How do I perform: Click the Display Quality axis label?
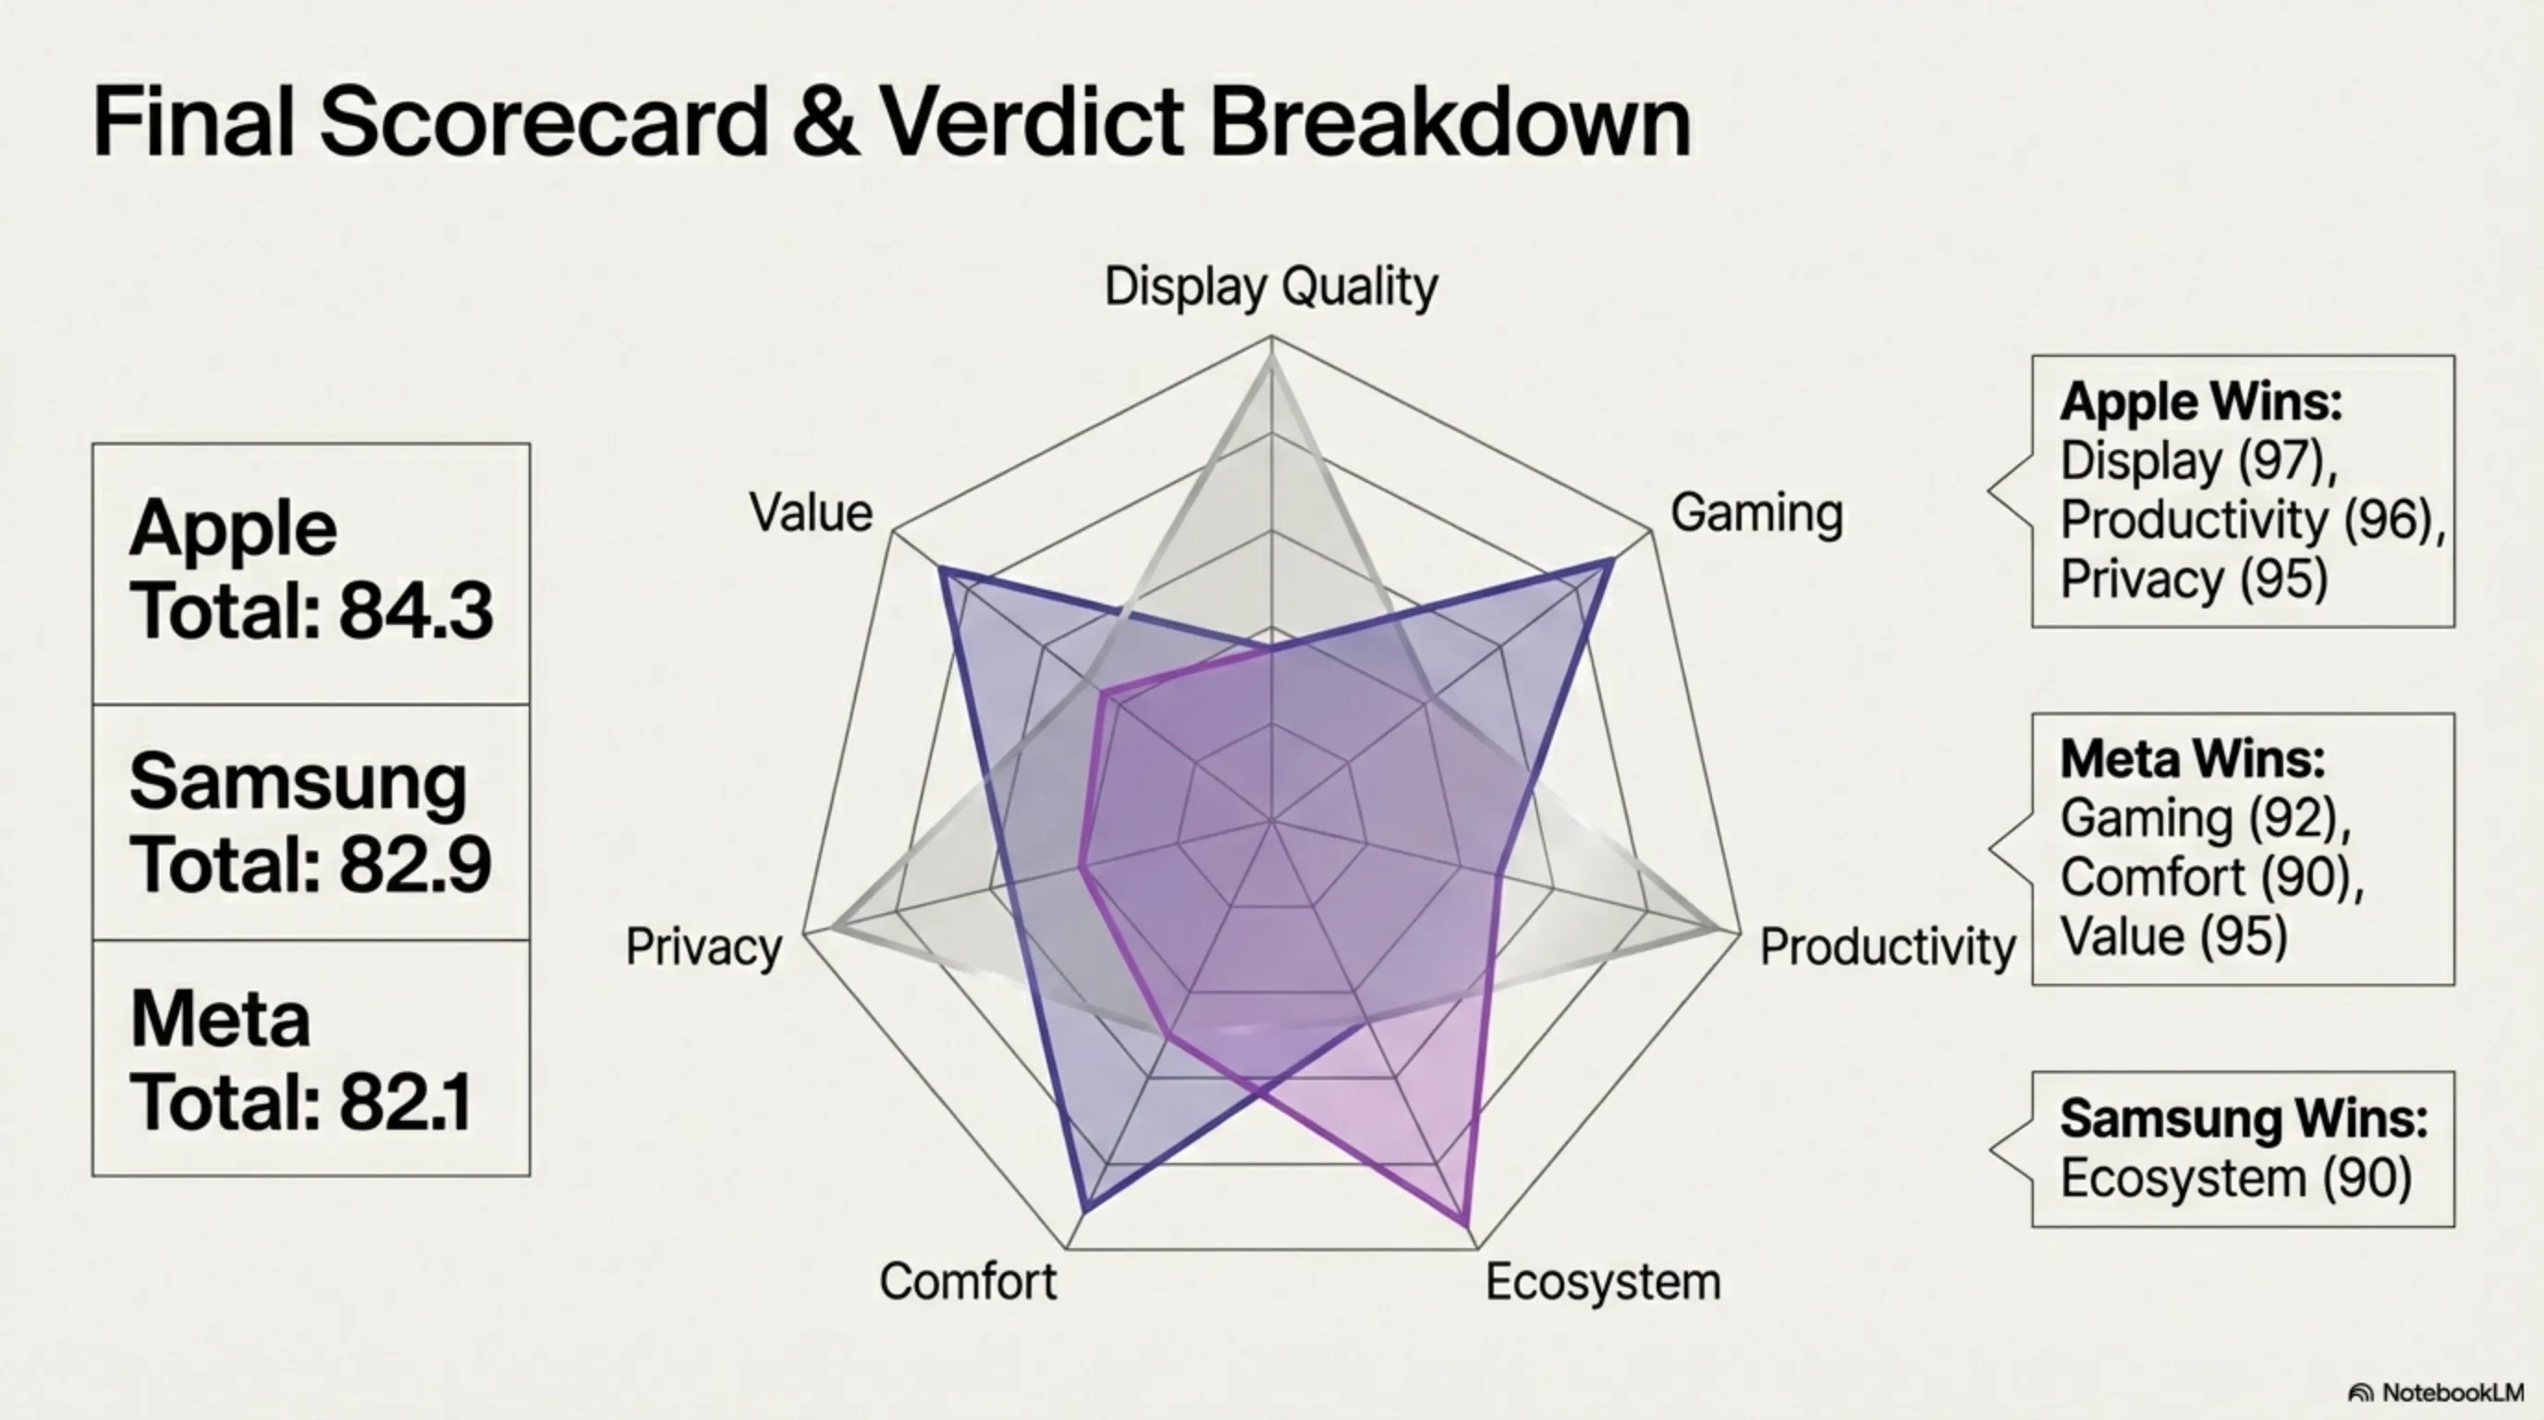[1271, 288]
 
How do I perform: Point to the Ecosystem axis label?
[1603, 1281]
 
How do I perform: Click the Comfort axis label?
[968, 1281]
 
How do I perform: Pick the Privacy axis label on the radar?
[704, 947]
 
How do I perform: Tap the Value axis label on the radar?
[811, 512]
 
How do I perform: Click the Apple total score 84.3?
[416, 611]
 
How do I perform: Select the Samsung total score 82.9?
[416, 865]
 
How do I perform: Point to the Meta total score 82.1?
[406, 1102]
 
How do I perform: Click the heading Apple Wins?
[2201, 402]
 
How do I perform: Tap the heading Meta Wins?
[2193, 759]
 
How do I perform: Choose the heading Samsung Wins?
[2244, 1118]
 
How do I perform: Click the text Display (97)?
[2199, 461]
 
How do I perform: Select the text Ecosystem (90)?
[2236, 1178]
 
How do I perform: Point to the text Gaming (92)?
[2207, 818]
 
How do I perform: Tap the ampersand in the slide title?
[826, 122]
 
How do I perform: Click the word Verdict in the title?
[1031, 121]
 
